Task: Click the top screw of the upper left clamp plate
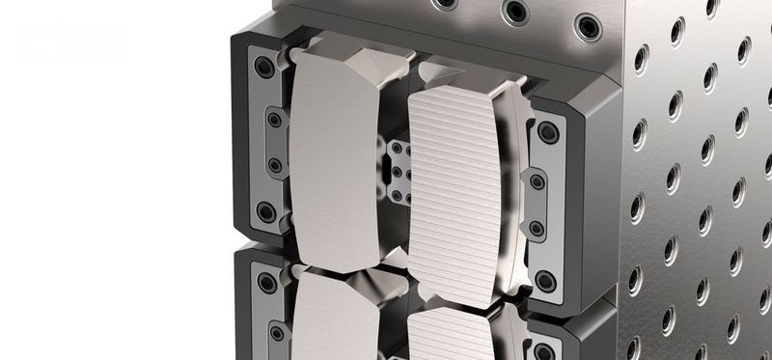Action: coord(263,68)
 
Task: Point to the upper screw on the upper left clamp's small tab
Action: coord(275,120)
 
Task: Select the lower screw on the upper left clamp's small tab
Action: coord(275,165)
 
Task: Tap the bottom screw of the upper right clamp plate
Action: coord(545,281)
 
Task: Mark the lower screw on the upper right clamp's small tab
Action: coord(537,229)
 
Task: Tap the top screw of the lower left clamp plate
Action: coord(265,283)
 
